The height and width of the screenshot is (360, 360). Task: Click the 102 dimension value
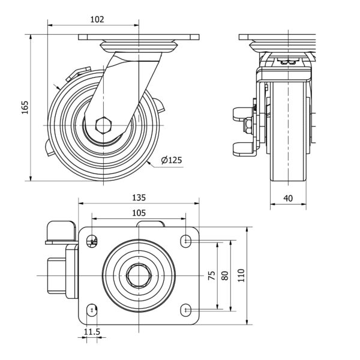coord(97,20)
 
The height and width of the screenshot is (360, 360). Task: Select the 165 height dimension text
coord(25,107)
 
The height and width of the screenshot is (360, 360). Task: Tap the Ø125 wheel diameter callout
coord(171,160)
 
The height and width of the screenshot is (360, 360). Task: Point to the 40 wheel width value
coord(288,198)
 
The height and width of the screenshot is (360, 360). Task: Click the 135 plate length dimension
coord(139,197)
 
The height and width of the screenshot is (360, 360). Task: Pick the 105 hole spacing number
coord(139,213)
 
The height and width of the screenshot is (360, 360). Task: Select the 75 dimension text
coord(212,275)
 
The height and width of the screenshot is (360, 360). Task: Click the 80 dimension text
coord(225,275)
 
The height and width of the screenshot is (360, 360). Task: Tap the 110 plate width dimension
coord(241,275)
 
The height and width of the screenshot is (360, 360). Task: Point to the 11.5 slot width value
coord(92,332)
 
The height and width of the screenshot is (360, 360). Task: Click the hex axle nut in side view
coord(103,125)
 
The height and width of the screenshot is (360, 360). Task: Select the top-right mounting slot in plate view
coord(185,241)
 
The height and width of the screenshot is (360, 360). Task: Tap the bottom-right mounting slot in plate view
coord(185,310)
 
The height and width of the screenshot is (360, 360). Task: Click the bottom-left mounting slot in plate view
coord(92,310)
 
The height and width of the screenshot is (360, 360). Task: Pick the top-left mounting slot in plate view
coord(92,241)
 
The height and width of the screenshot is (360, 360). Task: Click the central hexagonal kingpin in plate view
coord(139,275)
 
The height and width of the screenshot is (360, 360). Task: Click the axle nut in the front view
coord(248,125)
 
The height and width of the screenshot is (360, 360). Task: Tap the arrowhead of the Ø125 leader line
coord(149,163)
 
